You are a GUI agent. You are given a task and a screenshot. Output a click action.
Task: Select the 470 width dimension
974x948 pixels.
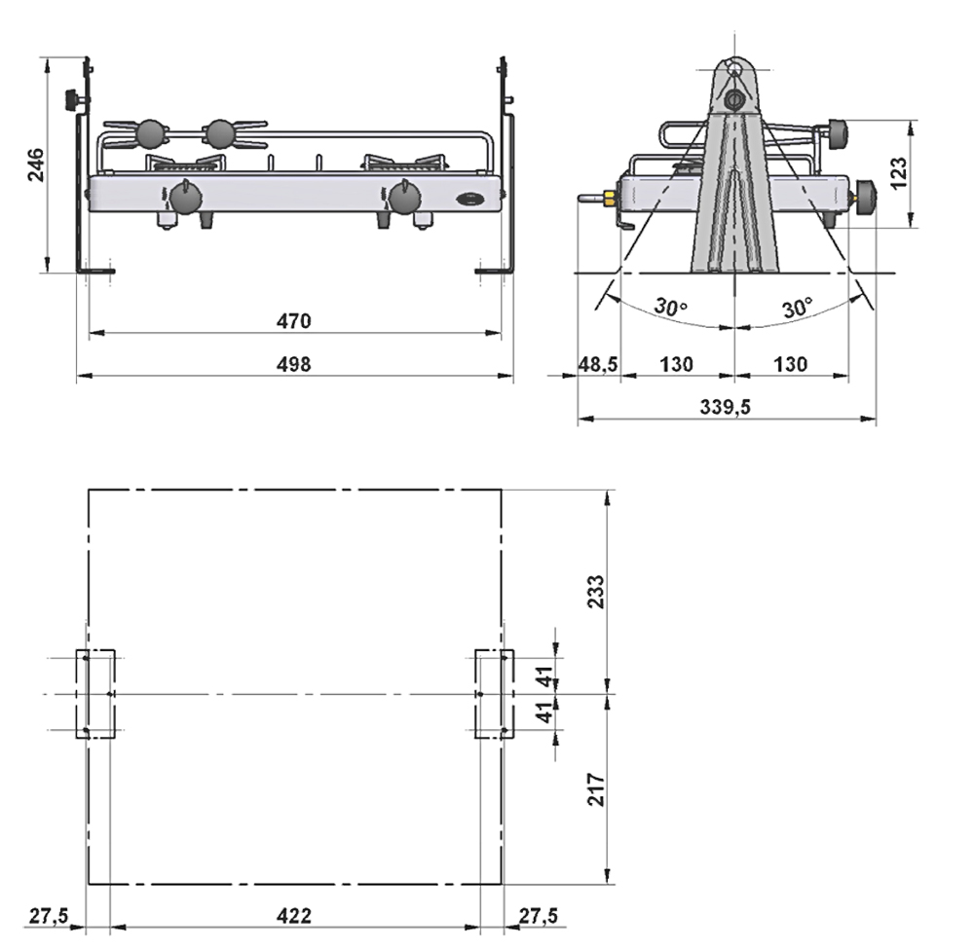293,320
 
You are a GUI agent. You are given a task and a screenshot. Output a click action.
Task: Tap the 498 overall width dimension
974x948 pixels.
293,364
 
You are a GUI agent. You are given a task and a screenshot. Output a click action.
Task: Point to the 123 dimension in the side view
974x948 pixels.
899,172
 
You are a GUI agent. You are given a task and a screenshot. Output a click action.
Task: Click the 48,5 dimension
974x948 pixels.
599,364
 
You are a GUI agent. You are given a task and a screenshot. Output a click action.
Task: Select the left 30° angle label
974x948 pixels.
670,307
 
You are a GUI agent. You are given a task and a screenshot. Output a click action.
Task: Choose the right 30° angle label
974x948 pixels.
796,307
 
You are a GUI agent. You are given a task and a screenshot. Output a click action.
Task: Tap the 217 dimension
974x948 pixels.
597,788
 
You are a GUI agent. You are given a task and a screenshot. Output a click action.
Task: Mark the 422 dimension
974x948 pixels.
293,915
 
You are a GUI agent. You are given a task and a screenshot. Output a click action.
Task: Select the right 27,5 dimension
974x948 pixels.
538,915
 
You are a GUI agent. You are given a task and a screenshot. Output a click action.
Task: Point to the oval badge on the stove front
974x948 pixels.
470,200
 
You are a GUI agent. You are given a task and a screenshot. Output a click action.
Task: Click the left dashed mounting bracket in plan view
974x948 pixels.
95,694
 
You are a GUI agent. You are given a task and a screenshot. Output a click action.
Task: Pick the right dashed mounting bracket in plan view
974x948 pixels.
493,694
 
